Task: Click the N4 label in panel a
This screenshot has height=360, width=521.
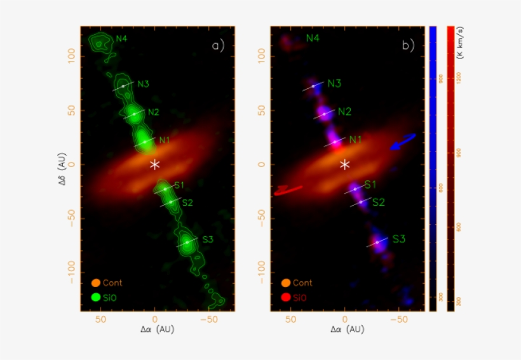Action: coord(122,38)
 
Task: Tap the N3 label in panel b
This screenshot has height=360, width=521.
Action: coord(334,84)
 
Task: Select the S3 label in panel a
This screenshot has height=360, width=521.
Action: coord(208,239)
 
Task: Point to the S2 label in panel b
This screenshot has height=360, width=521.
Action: coord(378,203)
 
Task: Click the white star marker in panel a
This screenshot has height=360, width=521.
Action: coord(155,164)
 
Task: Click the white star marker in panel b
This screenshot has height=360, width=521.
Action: coord(345,164)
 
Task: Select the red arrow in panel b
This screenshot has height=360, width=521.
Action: coord(288,190)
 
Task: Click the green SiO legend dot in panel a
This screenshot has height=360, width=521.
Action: coord(97,297)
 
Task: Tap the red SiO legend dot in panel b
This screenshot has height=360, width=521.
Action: coord(287,297)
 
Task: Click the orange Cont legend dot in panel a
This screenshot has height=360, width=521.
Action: coord(97,283)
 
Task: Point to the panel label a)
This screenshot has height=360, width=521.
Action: coord(219,46)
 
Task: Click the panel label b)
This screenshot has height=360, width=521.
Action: coord(408,46)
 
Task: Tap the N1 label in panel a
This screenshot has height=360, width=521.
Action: coord(165,140)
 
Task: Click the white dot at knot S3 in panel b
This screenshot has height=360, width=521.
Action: coord(377,242)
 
